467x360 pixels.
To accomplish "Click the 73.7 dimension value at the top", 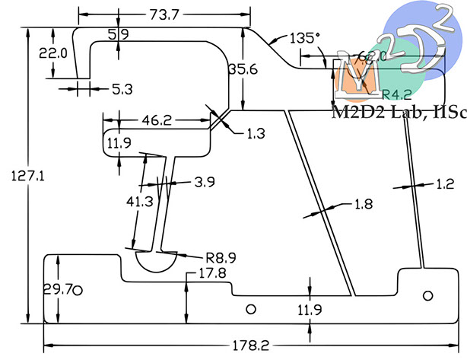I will pyautogui.click(x=164, y=14).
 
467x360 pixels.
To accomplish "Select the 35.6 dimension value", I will pyautogui.click(x=243, y=70).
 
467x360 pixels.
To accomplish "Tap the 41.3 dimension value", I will pyautogui.click(x=139, y=202).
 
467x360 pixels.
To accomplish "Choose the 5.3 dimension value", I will pyautogui.click(x=122, y=89).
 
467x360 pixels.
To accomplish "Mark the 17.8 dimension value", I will pyautogui.click(x=212, y=273).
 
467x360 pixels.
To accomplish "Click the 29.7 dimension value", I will pyautogui.click(x=56, y=289).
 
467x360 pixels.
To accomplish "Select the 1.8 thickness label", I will pyautogui.click(x=364, y=204).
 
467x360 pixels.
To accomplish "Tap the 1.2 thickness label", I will pyautogui.click(x=445, y=184).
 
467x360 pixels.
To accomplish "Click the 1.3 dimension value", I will pyautogui.click(x=256, y=134).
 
